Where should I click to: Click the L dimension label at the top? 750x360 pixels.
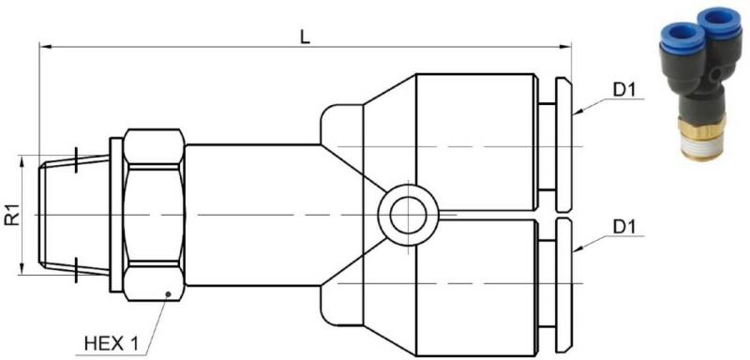tap(306, 37)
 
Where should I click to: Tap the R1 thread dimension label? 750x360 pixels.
tap(13, 215)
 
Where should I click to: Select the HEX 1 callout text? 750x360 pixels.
tap(111, 343)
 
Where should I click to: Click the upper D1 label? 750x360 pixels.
tap(623, 90)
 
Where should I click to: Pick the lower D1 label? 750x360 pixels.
tap(623, 228)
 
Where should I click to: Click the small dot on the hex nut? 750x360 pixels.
tap(168, 293)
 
